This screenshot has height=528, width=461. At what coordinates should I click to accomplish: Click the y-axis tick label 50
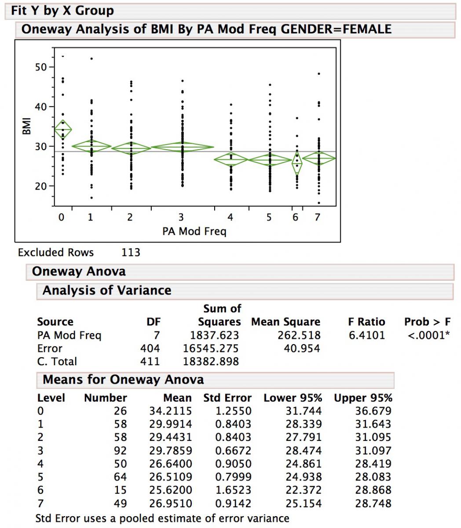[x=41, y=67]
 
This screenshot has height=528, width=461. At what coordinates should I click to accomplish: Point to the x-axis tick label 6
[x=295, y=217]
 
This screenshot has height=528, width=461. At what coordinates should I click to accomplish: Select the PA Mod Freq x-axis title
[x=194, y=231]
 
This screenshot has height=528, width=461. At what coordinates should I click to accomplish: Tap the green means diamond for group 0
[x=63, y=130]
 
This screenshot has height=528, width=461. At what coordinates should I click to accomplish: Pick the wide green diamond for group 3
[x=182, y=147]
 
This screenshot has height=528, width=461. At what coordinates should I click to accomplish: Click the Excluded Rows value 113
[x=131, y=253]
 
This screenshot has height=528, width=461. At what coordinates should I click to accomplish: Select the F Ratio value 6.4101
[x=366, y=335]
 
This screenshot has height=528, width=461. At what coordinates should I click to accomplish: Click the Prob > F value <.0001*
[x=428, y=335]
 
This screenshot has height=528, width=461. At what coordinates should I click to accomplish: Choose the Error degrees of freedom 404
[x=150, y=348]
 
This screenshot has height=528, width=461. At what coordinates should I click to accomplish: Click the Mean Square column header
[x=285, y=322]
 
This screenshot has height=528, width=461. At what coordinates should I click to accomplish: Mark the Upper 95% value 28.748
[x=373, y=503]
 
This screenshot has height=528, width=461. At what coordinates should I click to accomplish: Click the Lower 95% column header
[x=293, y=398]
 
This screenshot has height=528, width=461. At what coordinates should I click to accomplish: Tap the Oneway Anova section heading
[x=79, y=271]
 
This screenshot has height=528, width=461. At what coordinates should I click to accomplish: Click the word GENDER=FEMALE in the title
[x=336, y=29]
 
